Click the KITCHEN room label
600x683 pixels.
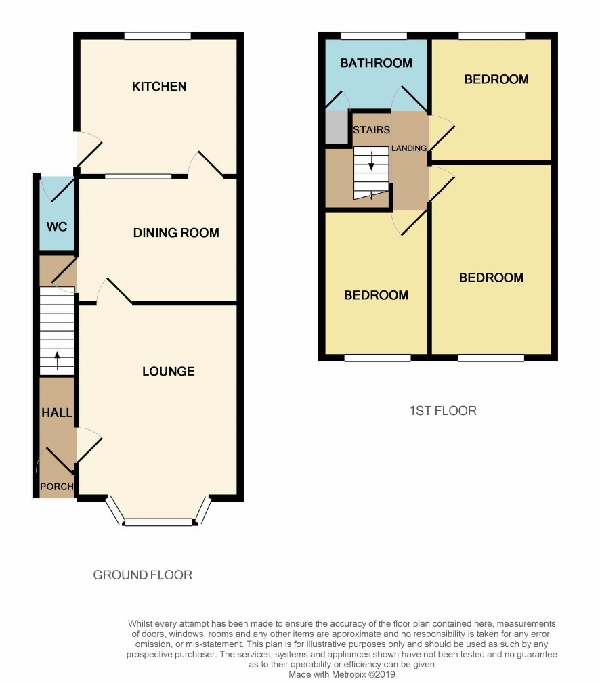tap(159, 87)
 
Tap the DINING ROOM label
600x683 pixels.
tap(176, 233)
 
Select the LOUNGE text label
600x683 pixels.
tap(169, 371)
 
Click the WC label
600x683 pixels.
tap(57, 226)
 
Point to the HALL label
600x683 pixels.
tap(57, 412)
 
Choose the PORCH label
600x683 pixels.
tap(57, 487)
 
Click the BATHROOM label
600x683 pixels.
tap(376, 63)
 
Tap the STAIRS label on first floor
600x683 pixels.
tap(370, 129)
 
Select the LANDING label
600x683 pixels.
tap(409, 148)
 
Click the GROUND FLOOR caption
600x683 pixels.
tap(142, 575)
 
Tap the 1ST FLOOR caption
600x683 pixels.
tap(443, 410)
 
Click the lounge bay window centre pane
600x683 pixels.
tap(158, 522)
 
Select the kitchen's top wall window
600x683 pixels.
tap(157, 36)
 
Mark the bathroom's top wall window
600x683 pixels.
tap(373, 36)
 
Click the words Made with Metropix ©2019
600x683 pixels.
tap(341, 674)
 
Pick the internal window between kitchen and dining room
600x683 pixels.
tap(138, 176)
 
